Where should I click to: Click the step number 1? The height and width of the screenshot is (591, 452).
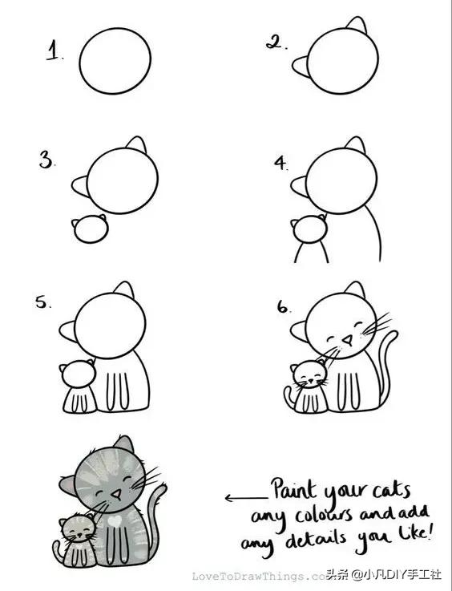point(53,51)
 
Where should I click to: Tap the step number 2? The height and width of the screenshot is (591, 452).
point(276,42)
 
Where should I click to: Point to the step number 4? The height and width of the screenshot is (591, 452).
point(280,164)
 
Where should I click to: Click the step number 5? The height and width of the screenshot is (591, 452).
point(42,302)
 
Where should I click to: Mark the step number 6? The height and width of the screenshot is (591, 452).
point(283,308)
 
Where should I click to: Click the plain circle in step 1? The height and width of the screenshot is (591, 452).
point(115,61)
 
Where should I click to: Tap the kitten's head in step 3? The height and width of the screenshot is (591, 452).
point(91,229)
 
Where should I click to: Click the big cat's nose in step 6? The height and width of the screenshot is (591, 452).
point(349,339)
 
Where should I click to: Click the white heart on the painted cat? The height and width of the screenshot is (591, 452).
point(114,521)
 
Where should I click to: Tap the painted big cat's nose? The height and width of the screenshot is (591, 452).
point(117,494)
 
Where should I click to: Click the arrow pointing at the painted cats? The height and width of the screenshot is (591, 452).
point(247,498)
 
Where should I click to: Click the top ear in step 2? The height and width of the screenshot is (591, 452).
point(357,25)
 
